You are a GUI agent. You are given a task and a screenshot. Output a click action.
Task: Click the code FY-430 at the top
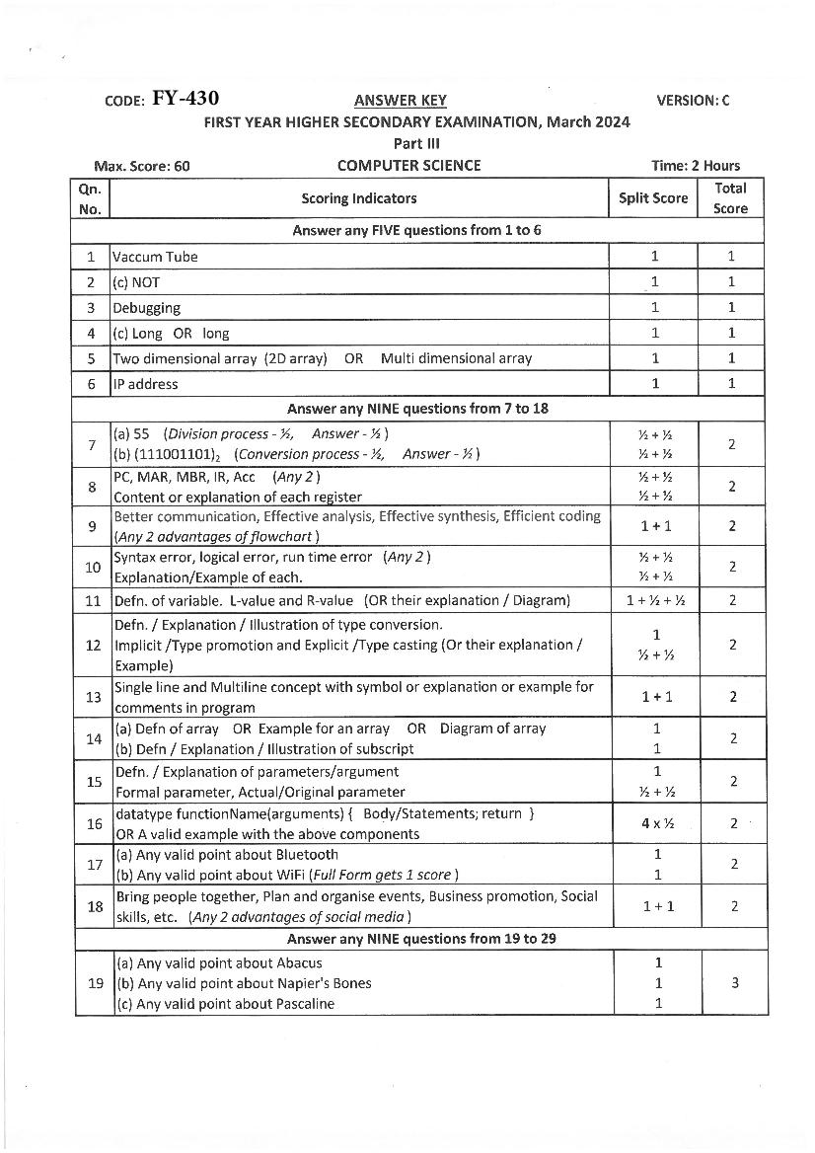[185, 99]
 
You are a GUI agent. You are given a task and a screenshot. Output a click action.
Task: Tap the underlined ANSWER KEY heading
[400, 100]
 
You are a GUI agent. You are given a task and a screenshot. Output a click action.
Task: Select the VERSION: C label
[693, 100]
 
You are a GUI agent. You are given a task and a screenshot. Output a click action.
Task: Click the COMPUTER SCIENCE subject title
[408, 166]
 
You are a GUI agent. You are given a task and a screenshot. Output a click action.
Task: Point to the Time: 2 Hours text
[696, 166]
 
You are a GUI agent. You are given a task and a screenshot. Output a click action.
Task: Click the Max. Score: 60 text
[142, 166]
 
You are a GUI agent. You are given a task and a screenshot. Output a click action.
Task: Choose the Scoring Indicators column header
[359, 198]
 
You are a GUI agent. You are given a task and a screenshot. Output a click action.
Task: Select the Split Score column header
[653, 198]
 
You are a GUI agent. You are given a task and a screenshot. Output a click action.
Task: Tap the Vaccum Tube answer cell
[155, 257]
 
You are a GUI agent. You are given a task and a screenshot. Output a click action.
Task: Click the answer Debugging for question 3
[146, 308]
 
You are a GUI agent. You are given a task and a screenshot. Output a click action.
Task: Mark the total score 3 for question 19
[732, 983]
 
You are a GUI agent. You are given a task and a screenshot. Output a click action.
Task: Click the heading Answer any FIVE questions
[416, 230]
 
